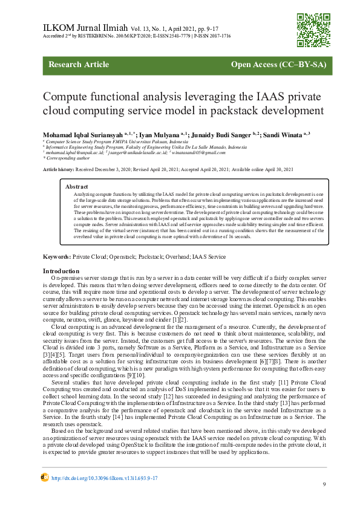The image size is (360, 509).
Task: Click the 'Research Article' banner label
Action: pyautogui.click(x=79, y=65)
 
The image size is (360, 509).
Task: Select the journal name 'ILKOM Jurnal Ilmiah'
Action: pyautogui.click(x=83, y=28)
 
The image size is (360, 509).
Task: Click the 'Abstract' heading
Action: pyautogui.click(x=77, y=187)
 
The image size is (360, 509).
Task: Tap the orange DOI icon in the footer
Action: pyautogui.click(x=45, y=477)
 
